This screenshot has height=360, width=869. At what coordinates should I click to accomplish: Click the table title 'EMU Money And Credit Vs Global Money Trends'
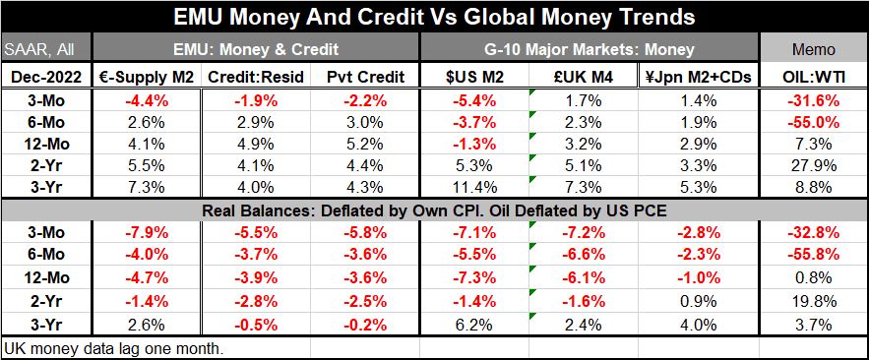coord(434,19)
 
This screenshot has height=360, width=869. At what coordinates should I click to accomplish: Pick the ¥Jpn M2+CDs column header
coord(697,75)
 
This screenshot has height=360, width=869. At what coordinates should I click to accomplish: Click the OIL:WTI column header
coord(814,75)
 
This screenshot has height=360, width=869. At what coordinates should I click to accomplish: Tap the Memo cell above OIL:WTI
coord(814,48)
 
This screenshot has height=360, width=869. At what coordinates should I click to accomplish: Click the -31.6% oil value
coord(814,98)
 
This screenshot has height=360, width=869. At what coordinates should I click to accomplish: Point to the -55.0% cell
coord(814,122)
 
